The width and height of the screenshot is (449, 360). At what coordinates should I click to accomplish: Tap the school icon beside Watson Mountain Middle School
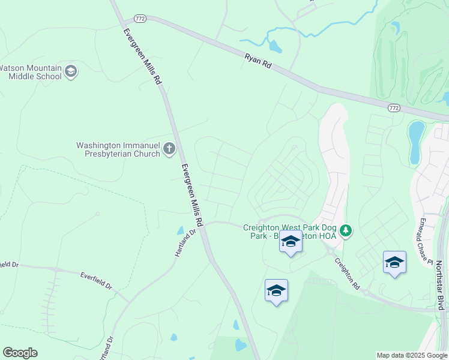click(x=71, y=72)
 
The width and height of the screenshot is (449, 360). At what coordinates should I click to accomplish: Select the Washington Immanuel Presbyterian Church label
click(x=118, y=149)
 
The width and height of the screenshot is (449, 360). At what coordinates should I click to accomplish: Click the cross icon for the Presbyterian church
click(x=169, y=148)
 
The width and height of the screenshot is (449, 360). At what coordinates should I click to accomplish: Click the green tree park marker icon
click(x=345, y=230)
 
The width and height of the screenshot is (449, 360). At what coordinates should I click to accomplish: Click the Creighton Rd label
click(x=346, y=274)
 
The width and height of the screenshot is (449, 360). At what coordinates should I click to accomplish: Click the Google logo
click(x=20, y=353)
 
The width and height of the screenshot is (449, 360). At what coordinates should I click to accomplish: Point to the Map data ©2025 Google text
click(x=411, y=355)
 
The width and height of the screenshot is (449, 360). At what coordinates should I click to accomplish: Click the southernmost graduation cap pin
click(x=276, y=291)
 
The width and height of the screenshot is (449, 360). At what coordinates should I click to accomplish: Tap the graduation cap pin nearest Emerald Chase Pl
click(x=394, y=263)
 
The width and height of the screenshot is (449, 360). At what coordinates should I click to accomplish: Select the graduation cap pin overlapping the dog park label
click(x=291, y=242)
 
